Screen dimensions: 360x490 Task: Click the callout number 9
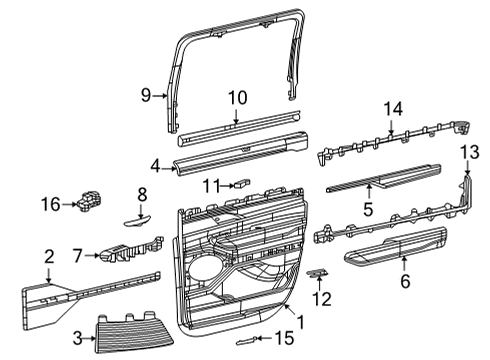(x=145, y=95)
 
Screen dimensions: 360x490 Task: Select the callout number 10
(x=236, y=97)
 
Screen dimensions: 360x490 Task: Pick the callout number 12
(x=321, y=297)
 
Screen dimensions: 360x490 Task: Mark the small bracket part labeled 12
(x=317, y=273)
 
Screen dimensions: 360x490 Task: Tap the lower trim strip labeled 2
(x=90, y=289)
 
